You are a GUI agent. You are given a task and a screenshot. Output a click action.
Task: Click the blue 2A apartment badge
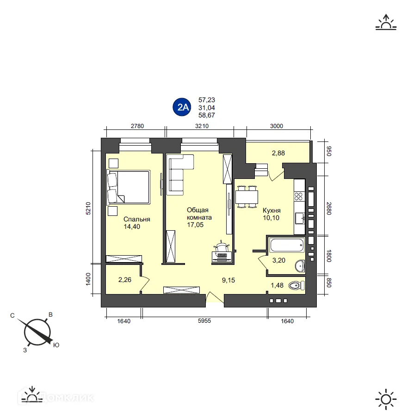click(181, 108)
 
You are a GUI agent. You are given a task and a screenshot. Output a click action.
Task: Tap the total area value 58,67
click(207, 116)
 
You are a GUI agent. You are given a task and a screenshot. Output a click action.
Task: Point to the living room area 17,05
click(195, 225)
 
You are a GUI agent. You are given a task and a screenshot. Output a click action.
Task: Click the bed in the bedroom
click(129, 187)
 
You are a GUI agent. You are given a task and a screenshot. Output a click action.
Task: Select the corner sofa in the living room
click(178, 174)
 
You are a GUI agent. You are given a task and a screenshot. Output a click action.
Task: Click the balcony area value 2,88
click(278, 153)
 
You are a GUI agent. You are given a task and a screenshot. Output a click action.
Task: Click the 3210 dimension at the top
click(202, 126)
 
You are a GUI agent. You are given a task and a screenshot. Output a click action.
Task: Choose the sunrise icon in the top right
click(386, 23)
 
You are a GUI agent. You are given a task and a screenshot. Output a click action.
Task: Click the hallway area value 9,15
click(228, 279)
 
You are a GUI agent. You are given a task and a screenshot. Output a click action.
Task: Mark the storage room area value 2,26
click(124, 279)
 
